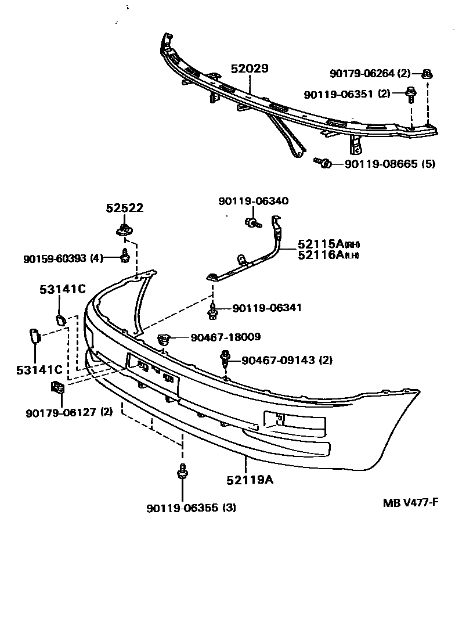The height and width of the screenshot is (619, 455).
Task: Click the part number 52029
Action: tap(250, 69)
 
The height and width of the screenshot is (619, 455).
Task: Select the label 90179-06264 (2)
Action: tap(370, 73)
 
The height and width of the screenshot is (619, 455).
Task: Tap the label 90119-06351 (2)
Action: tap(346, 93)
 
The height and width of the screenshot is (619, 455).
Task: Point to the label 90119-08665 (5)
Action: tap(389, 164)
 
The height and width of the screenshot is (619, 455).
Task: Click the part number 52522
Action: tap(124, 208)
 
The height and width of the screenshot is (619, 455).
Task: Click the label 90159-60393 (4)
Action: tap(63, 258)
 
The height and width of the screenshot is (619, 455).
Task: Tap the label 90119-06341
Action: tap(267, 308)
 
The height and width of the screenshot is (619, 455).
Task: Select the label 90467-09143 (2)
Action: tap(287, 360)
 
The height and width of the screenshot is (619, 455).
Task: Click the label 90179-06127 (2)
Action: tap(69, 412)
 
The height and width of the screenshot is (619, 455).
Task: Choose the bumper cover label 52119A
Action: tap(250, 480)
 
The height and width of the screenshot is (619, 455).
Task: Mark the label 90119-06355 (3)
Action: tap(191, 508)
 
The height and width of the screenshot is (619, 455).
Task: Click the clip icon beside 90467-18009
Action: tap(164, 338)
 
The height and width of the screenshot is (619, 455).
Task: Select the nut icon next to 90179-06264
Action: tap(428, 73)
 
